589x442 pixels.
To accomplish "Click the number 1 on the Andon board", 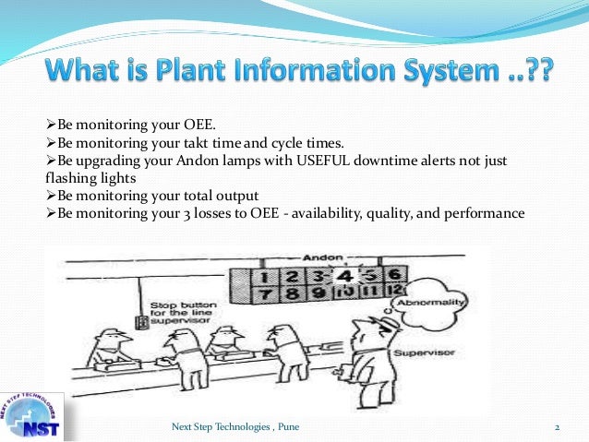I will pyautogui.click(x=267, y=274).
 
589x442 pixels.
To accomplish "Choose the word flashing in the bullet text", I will pyautogui.click(x=57, y=178).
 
